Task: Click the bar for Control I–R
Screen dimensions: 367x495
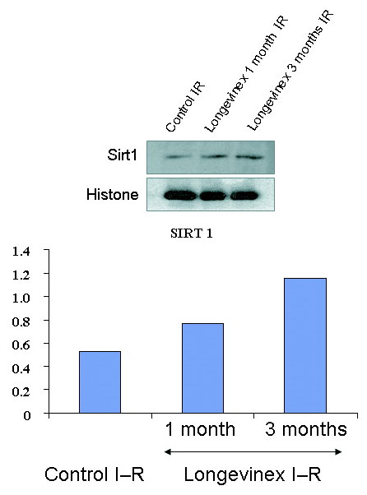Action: (100, 382)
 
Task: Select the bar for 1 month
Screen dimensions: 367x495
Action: (202, 368)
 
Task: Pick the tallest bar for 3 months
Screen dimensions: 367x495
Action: (305, 345)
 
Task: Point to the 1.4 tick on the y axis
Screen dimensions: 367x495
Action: (47, 250)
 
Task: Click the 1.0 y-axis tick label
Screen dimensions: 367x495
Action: (21, 298)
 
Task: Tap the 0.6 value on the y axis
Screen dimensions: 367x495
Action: (21, 344)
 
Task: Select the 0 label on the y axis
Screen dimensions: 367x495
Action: (27, 414)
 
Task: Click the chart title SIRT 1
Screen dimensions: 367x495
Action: (192, 234)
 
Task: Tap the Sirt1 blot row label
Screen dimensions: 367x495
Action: (123, 155)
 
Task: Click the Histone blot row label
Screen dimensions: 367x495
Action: (113, 194)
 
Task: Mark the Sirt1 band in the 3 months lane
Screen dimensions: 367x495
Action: (249, 156)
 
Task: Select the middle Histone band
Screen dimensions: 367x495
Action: (212, 196)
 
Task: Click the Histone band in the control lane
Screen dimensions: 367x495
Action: (180, 196)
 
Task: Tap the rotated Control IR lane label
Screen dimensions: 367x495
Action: (185, 107)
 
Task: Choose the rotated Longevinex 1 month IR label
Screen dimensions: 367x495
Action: (246, 73)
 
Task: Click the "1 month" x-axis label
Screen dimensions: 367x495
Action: (200, 429)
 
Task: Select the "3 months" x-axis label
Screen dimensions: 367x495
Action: (306, 429)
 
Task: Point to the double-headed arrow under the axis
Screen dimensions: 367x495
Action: (253, 452)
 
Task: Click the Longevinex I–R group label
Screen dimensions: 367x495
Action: (253, 474)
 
